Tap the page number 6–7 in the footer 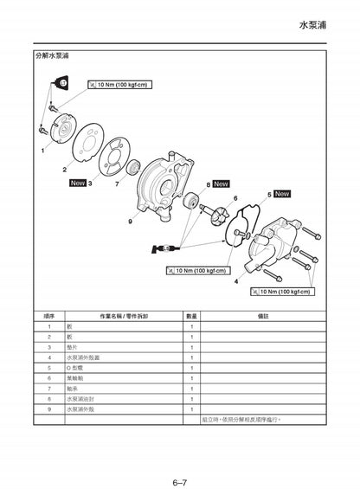pyautogui.click(x=180, y=459)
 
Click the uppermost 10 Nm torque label pyautogui.click(x=119, y=85)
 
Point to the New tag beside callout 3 pyautogui.click(x=76, y=183)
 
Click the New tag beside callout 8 pyautogui.click(x=221, y=183)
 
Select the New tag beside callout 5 pyautogui.click(x=282, y=194)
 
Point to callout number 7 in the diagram pyautogui.click(x=117, y=183)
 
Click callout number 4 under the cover pyautogui.click(x=236, y=281)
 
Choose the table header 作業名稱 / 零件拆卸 pyautogui.click(x=124, y=316)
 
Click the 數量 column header pyautogui.click(x=191, y=316)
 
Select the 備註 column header pyautogui.click(x=263, y=316)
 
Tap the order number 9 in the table pyautogui.click(x=49, y=409)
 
